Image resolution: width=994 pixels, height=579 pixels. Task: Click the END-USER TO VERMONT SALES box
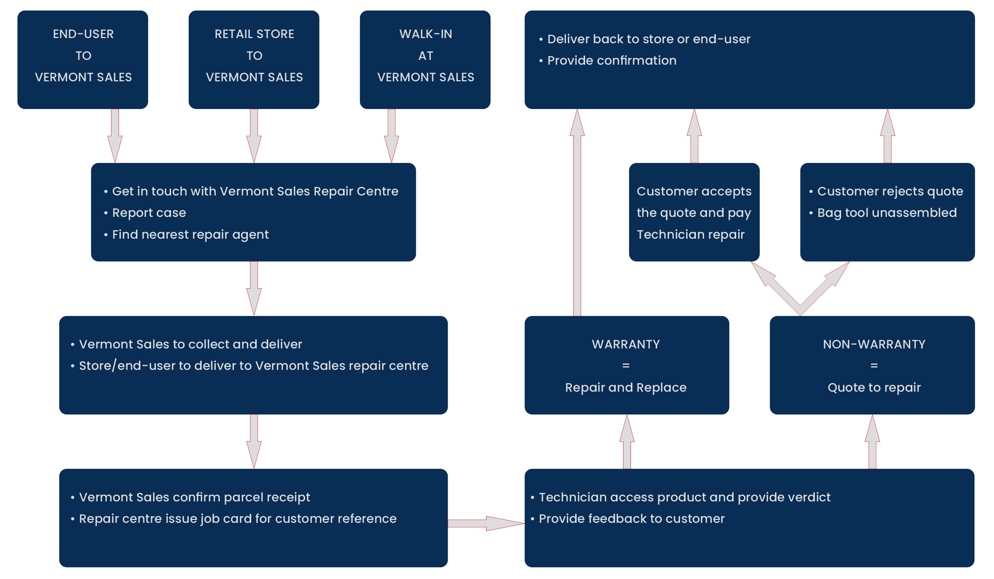pos(83,59)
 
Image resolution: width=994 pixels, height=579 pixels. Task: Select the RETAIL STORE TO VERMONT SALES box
pos(254,59)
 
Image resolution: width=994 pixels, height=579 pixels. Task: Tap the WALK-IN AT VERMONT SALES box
pos(425,59)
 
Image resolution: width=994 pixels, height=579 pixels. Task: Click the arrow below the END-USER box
pos(115,136)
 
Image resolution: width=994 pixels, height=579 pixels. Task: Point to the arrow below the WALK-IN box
pos(391,136)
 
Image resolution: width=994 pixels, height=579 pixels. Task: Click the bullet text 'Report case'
pos(149,213)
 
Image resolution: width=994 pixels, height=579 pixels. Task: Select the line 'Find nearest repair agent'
pos(190,234)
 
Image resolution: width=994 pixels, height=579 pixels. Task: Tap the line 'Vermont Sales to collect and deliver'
pos(190,344)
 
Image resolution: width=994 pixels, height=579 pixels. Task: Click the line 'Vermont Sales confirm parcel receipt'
pos(194,497)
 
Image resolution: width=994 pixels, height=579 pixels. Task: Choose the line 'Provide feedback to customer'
pos(631,519)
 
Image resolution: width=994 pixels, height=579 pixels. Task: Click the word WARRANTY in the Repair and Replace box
pos(626,344)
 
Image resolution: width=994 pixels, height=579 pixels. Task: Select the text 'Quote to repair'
pos(874,387)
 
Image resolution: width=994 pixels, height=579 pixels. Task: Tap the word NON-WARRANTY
pos(874,344)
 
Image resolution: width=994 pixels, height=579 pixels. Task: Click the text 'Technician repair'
pos(690,234)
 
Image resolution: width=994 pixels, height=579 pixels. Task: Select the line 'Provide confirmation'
pos(611,60)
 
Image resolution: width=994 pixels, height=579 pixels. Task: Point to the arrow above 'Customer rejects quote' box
pos(887,136)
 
